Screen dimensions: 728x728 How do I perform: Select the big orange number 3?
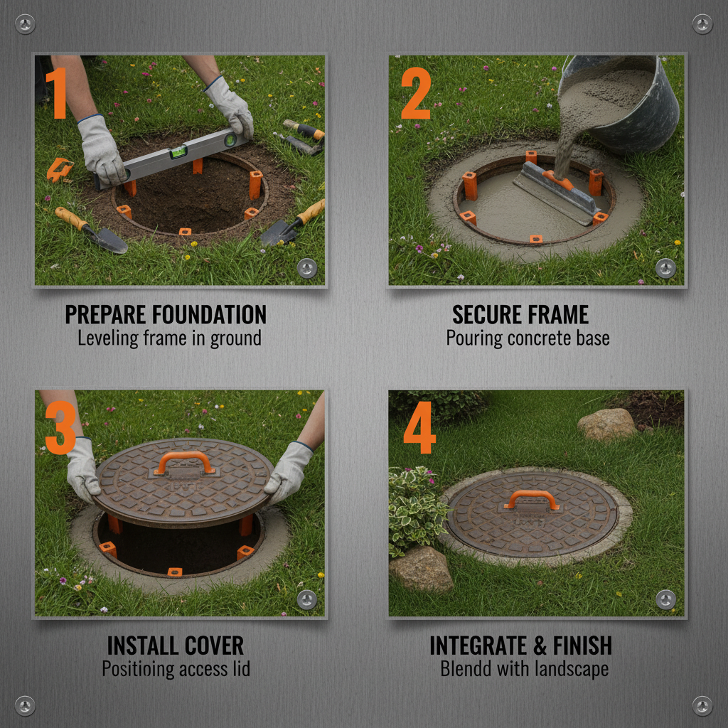tap(60, 428)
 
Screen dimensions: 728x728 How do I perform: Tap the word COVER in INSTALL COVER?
tap(212, 646)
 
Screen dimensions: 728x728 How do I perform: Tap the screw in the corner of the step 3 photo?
tap(307, 599)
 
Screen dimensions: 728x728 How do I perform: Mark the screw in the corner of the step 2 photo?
tap(665, 268)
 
